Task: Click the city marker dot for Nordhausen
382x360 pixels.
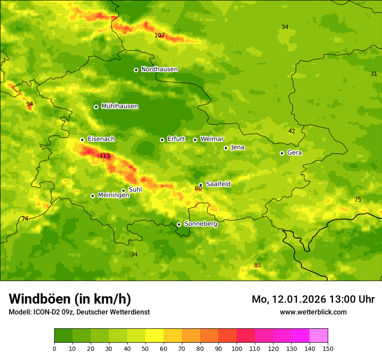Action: [x=136, y=70]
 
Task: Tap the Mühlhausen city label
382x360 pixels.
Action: [x=119, y=106]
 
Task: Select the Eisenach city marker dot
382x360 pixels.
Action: [x=82, y=140]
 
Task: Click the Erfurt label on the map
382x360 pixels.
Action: [x=176, y=139]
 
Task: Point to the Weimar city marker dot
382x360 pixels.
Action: [x=195, y=140]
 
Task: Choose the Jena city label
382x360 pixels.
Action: [x=237, y=147]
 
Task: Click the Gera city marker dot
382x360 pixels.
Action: [x=282, y=153]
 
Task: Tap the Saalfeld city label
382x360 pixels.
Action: [x=218, y=184]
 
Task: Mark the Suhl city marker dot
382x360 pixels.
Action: [x=123, y=190]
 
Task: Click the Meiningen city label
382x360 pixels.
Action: [x=113, y=195]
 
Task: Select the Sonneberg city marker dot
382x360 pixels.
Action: [x=179, y=224]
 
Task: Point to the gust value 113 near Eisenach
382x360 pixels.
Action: [x=105, y=156]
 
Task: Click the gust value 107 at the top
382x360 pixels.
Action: [x=159, y=36]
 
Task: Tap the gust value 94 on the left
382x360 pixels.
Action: [x=30, y=104]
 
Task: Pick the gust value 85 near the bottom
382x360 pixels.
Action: [x=257, y=265]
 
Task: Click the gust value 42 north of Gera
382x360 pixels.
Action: [x=292, y=131]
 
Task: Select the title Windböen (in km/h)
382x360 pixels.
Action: [x=70, y=299]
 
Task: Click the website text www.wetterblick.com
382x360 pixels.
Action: [x=313, y=312]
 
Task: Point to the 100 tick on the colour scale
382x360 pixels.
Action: [x=237, y=348]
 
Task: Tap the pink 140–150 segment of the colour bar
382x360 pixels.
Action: [x=319, y=336]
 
